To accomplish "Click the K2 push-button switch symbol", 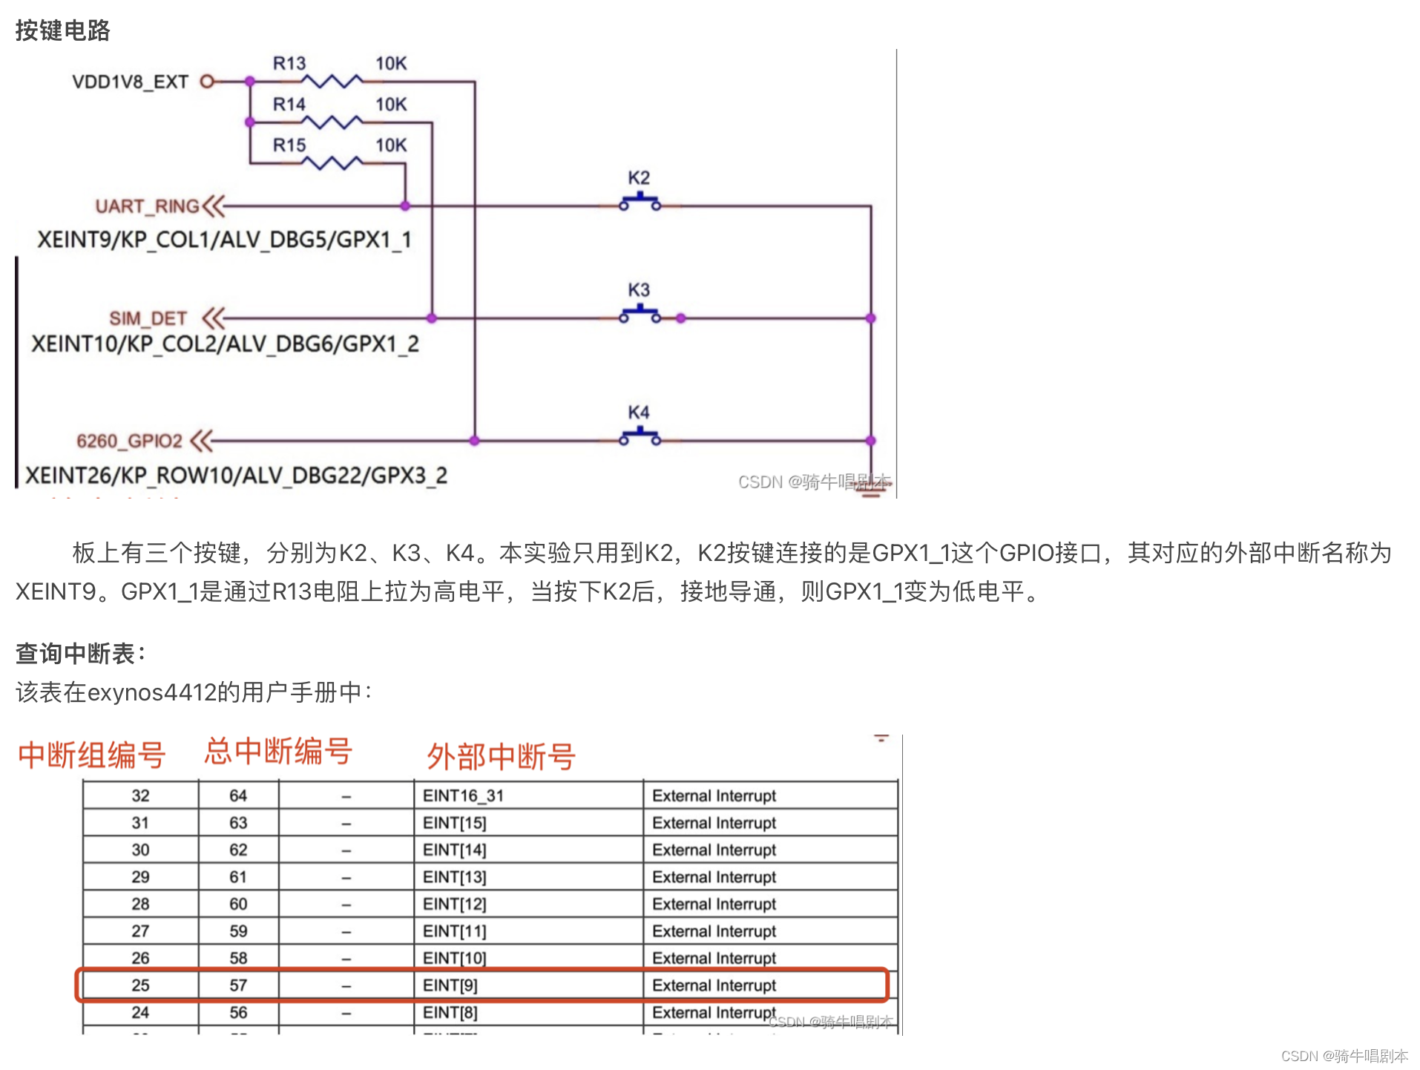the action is pos(640,202).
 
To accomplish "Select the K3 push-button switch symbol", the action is pos(640,314).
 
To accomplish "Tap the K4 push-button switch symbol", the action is pos(640,436).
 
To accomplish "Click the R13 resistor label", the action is pos(289,64).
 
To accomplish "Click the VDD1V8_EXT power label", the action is pos(130,82).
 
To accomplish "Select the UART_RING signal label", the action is pos(147,206).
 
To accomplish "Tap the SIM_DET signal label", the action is pos(148,318).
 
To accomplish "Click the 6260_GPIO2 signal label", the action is pos(129,441).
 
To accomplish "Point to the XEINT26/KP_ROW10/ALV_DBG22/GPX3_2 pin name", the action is pos(236,475).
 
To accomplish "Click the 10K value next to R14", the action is pos(391,105).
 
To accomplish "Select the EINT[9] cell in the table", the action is pos(450,985).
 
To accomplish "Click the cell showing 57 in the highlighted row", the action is pos(238,985).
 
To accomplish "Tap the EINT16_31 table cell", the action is pos(463,795).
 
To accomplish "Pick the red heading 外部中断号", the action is pos(501,757).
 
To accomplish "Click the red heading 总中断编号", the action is pos(278,752).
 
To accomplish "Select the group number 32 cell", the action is pos(140,795).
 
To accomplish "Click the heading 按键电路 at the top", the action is pos(62,30).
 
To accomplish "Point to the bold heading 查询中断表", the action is pos(80,654).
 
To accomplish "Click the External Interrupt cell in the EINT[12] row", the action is pos(714,904).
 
